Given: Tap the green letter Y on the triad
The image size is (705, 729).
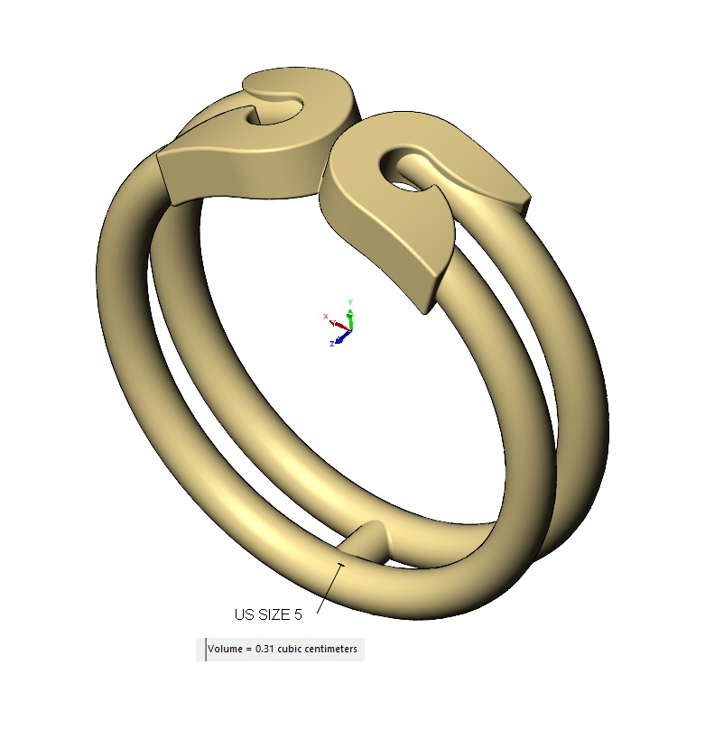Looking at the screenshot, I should (x=350, y=301).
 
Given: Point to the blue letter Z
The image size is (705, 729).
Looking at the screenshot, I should (x=332, y=344).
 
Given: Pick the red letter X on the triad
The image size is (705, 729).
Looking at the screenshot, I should (x=325, y=316).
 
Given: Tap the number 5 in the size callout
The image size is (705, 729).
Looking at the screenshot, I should (x=298, y=615).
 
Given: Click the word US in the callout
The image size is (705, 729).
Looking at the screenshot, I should (x=245, y=615).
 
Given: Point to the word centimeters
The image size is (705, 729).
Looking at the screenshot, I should (x=331, y=649).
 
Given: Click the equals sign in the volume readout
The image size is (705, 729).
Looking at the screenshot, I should (x=248, y=649).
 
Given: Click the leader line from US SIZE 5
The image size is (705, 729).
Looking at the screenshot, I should (x=329, y=588).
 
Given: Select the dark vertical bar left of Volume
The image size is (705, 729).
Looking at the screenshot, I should (x=206, y=650).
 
